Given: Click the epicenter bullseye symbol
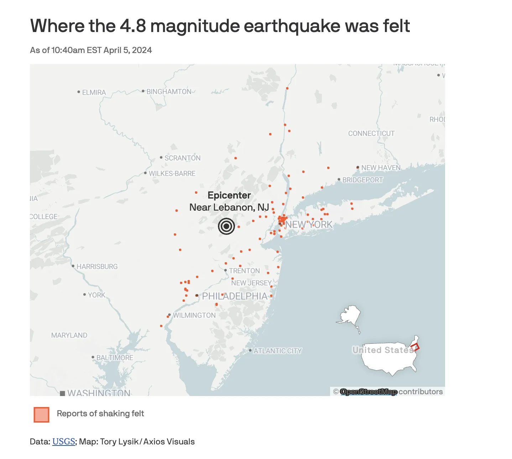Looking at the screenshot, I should tap(226, 226).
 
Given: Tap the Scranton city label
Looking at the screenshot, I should tap(182, 158).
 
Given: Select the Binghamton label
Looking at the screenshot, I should tap(169, 91).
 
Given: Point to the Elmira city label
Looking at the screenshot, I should tap(94, 93).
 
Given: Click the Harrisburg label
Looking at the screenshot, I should tap(97, 267).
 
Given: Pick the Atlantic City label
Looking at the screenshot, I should tap(277, 351).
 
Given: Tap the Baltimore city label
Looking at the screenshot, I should tap(115, 358).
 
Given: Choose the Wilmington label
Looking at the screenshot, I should tap(194, 315).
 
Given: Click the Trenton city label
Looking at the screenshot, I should tap(244, 271).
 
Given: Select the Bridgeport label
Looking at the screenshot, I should tap(362, 180).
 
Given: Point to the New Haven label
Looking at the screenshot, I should tap(381, 168).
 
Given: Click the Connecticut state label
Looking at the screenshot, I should tap(371, 133).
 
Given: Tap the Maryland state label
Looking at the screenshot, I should tap(69, 335).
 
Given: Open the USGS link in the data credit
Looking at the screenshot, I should tap(63, 442).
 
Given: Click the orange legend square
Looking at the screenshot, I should tap(41, 415).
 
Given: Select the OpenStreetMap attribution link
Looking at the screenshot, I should tap(369, 392).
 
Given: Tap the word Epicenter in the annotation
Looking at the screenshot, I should tap(229, 195).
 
